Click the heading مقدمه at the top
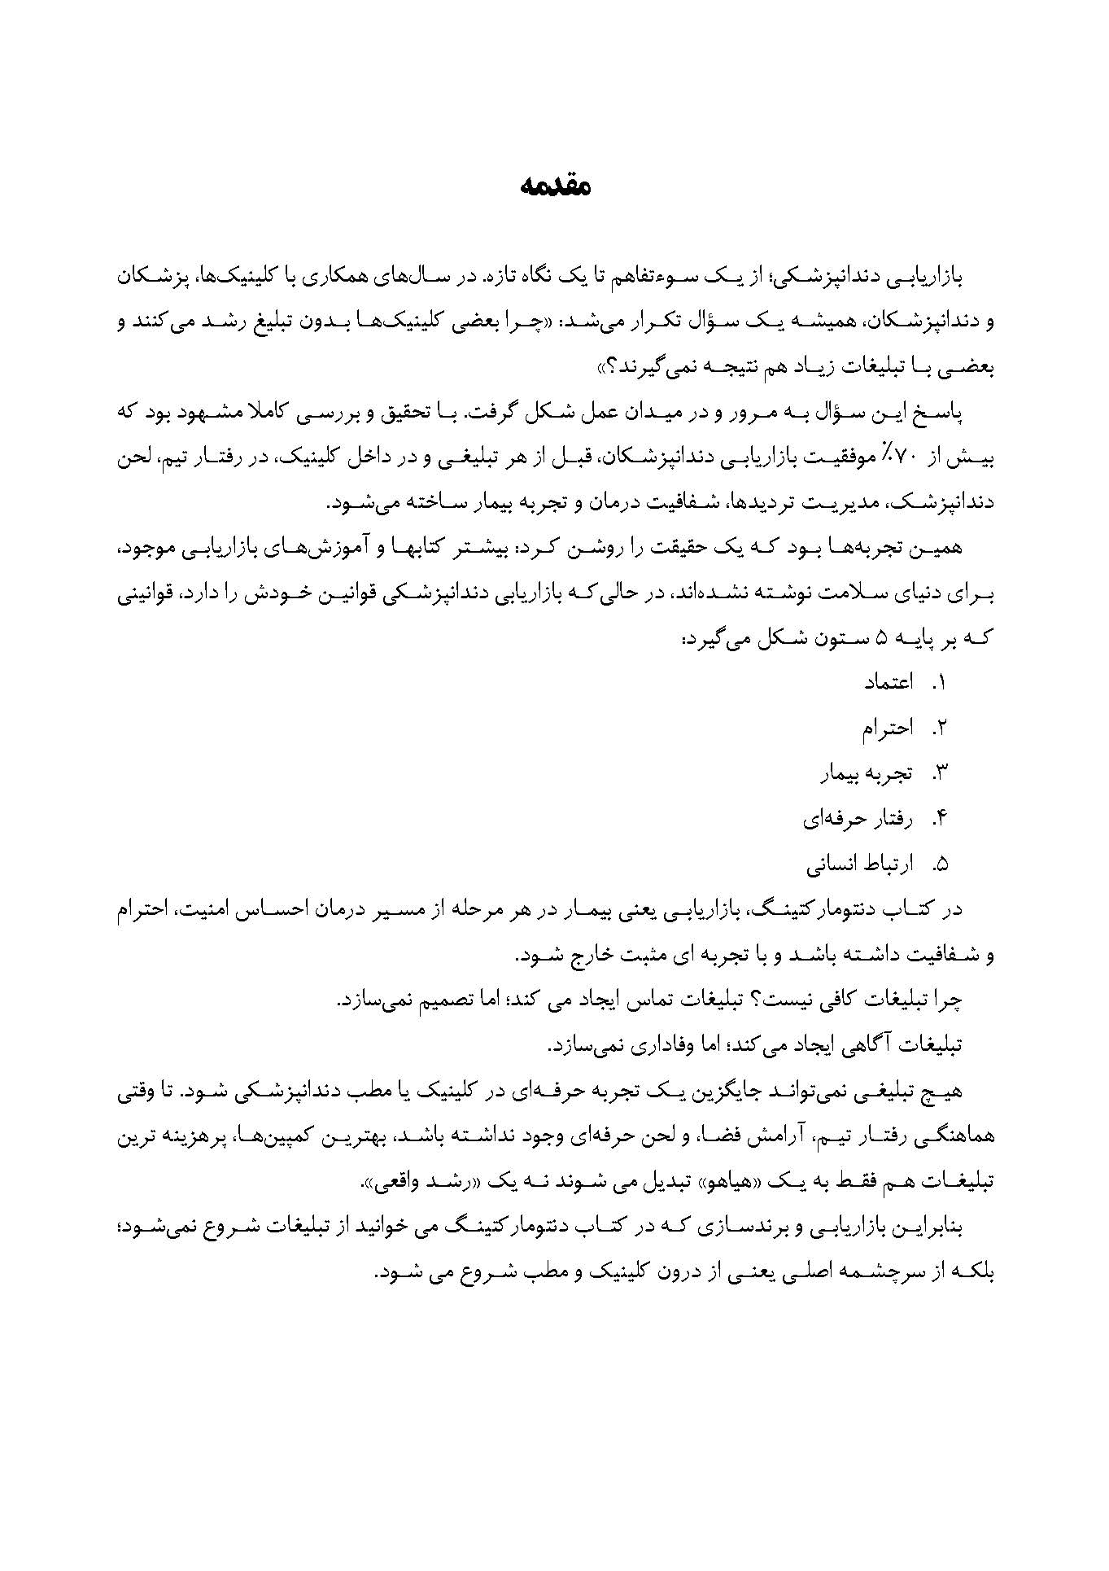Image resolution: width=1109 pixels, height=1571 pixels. coord(554,187)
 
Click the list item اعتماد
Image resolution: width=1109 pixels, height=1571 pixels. coord(889,682)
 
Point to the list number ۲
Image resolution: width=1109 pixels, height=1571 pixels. coord(941,728)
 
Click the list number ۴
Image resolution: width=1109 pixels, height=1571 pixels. coord(941,818)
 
